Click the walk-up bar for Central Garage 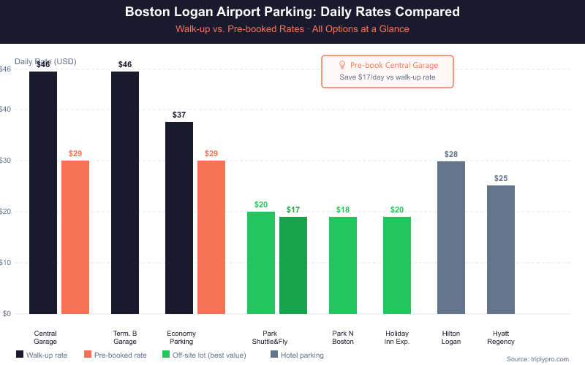coord(43,193)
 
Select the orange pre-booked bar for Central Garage coord(75,237)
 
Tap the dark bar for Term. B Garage coord(125,193)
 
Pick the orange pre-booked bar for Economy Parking coord(211,237)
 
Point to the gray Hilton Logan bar coord(451,237)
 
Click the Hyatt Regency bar coord(501,250)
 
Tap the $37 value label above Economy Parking coord(179,115)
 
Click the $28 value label coord(451,155)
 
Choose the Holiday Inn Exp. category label coord(397,337)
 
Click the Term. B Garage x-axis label coord(125,337)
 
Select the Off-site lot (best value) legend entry coord(208,356)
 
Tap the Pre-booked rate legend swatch coord(88,356)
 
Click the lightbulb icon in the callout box coord(342,65)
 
